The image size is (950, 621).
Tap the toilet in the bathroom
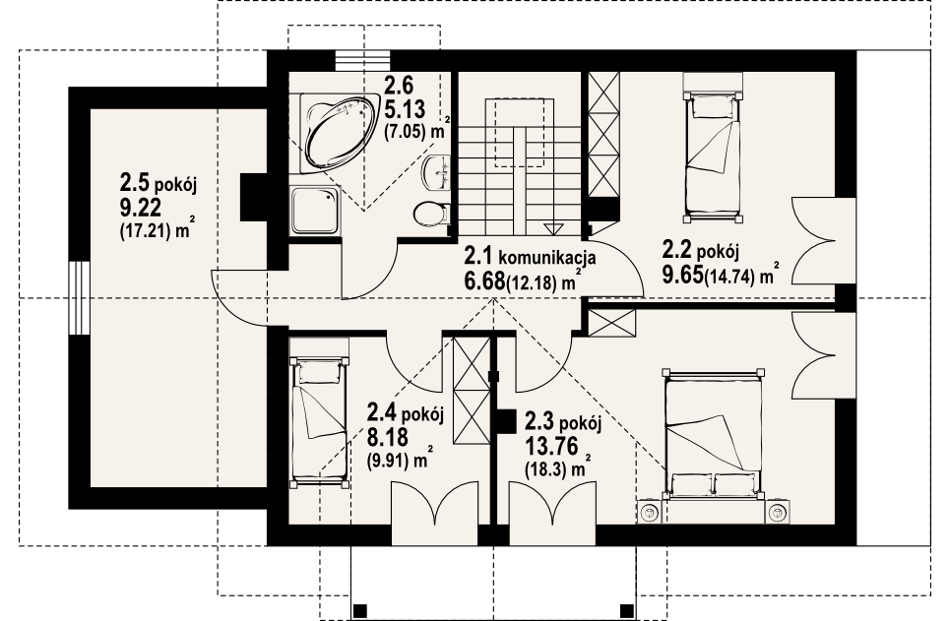click(x=432, y=214)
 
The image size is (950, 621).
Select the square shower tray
click(x=314, y=211)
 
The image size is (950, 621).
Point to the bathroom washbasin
click(x=437, y=172)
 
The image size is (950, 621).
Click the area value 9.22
click(x=141, y=208)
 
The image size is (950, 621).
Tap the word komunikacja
click(x=547, y=258)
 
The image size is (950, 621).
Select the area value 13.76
click(x=550, y=447)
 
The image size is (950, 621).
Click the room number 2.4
click(x=382, y=412)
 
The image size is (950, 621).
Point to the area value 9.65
click(x=683, y=276)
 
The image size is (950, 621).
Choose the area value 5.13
click(x=405, y=109)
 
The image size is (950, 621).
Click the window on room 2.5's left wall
click(x=79, y=298)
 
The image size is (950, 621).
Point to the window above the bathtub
click(x=362, y=61)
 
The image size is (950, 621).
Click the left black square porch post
click(x=360, y=610)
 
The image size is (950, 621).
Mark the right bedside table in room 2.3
click(x=778, y=513)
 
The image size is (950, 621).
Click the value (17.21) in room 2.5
click(x=145, y=230)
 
